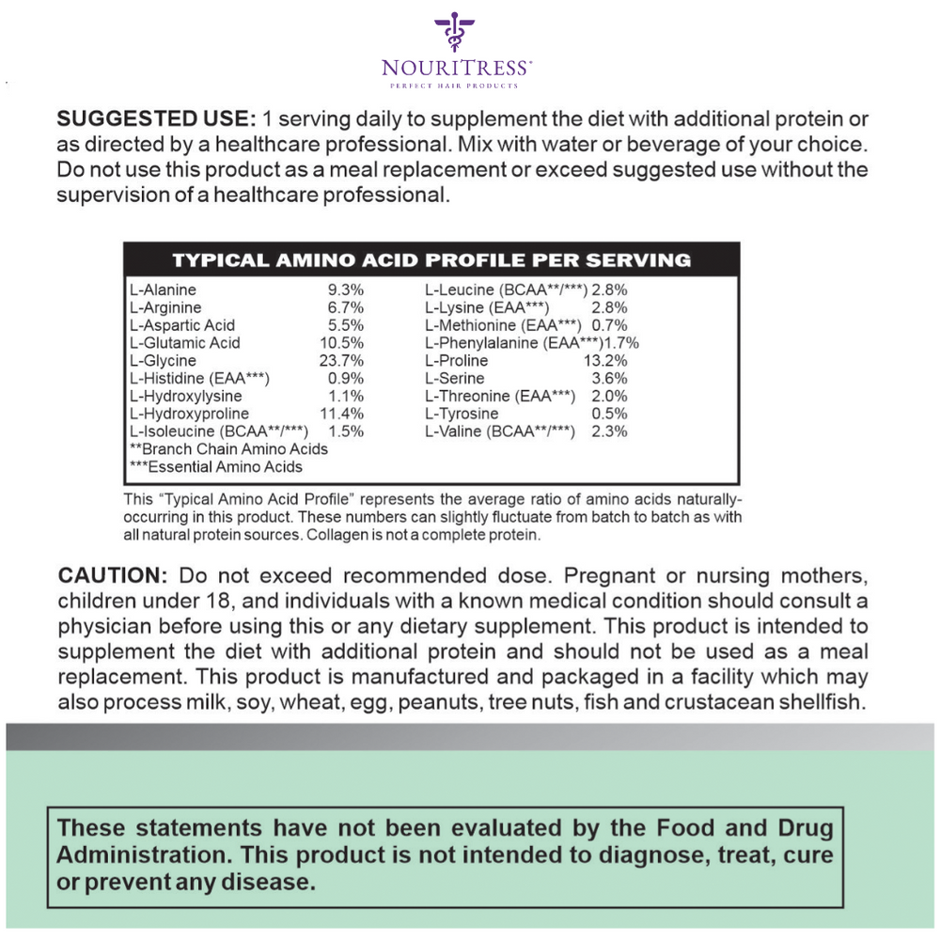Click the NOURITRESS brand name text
456,68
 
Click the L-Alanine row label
164,290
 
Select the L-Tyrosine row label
462,414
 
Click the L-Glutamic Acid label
184,343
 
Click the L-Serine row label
455,379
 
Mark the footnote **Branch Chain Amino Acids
228,449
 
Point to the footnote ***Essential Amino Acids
215,467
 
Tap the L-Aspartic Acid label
181,325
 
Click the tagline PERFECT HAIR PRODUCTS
455,86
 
